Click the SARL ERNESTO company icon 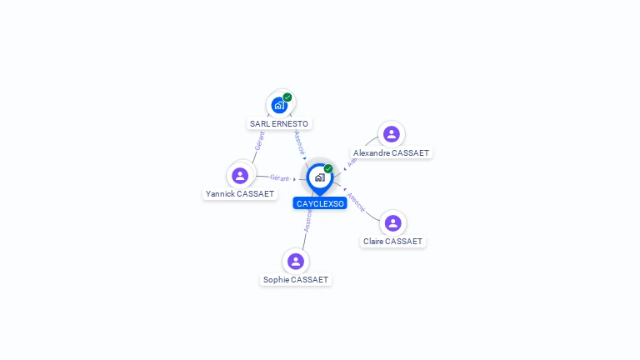(x=279, y=105)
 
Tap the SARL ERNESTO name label (x=279, y=123)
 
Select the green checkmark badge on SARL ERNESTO (x=287, y=97)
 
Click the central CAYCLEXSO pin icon (x=319, y=177)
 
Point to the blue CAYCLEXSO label (x=320, y=203)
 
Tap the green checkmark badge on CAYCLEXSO (x=328, y=168)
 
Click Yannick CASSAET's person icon (x=240, y=176)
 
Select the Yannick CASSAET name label (x=240, y=194)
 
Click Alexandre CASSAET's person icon (x=392, y=134)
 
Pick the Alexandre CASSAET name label (x=392, y=153)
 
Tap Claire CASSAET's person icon (x=393, y=222)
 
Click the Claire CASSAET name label (x=393, y=242)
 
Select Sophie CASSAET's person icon (x=296, y=261)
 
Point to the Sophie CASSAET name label (x=296, y=280)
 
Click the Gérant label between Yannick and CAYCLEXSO (x=280, y=177)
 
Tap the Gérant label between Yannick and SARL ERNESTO (x=260, y=140)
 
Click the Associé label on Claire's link (x=356, y=202)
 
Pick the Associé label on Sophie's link (x=307, y=219)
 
